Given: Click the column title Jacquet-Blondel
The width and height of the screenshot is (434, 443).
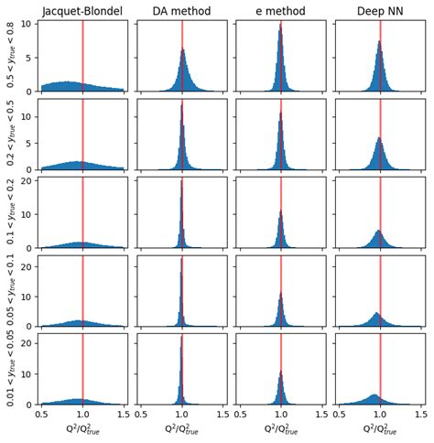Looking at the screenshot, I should [x=82, y=11].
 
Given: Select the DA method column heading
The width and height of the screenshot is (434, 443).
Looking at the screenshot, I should [x=181, y=11].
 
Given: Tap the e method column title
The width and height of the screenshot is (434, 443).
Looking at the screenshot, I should [x=280, y=11].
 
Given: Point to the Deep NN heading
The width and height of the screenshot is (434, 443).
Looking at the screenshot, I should [x=380, y=11].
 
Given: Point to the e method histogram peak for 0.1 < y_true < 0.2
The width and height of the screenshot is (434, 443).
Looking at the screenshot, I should [x=280, y=212].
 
